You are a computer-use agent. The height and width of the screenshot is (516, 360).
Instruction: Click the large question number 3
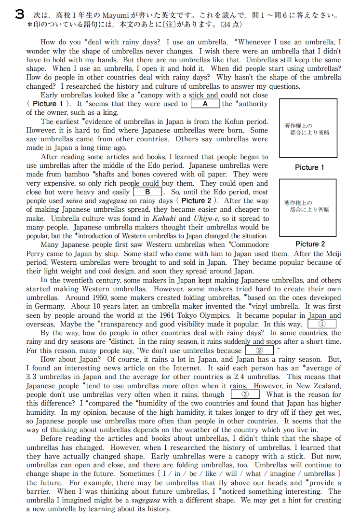click(x=19, y=15)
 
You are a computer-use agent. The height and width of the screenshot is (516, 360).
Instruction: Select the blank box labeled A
click(x=205, y=104)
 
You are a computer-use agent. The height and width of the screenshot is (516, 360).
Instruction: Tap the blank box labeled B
click(x=148, y=192)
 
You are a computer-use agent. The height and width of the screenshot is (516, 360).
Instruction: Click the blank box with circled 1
click(x=322, y=324)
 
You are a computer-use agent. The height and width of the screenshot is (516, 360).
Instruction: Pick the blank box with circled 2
click(x=259, y=351)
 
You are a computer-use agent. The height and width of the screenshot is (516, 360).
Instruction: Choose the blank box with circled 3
click(x=245, y=394)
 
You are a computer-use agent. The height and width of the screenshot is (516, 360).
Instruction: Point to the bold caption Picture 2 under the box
click(x=309, y=244)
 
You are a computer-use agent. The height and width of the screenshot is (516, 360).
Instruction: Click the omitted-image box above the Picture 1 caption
click(x=308, y=128)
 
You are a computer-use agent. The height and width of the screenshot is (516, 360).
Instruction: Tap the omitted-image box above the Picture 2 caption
click(x=308, y=207)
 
